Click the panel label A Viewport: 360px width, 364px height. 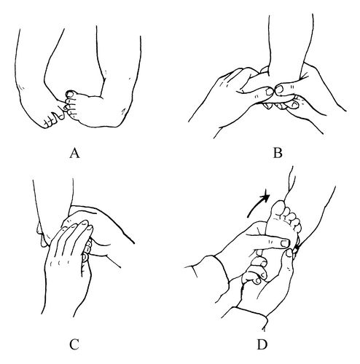74,153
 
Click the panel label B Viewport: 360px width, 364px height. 278,153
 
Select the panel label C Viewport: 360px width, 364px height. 74,344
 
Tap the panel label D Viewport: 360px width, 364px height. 262,344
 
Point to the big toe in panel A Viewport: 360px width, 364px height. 71,94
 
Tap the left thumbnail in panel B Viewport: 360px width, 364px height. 270,91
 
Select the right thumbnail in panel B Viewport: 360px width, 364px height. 280,90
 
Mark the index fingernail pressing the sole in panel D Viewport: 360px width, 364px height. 283,243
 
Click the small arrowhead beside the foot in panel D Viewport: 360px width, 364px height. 296,248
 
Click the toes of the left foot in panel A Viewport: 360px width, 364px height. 55,119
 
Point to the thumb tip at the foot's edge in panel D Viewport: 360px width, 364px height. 289,253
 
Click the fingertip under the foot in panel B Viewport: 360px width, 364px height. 294,104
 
